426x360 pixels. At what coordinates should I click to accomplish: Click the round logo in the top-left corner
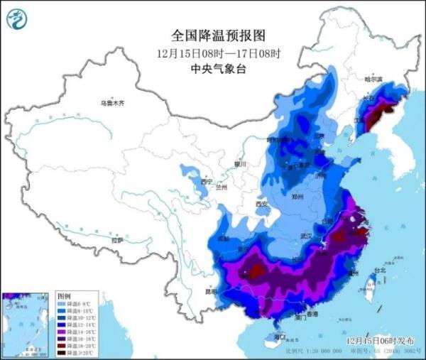16,19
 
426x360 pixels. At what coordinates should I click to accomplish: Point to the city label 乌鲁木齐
111,104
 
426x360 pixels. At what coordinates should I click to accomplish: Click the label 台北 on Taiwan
380,271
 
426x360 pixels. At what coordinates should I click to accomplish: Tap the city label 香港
310,314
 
